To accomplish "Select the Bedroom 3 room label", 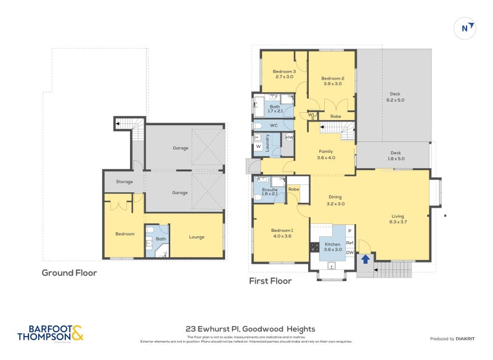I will (284, 72).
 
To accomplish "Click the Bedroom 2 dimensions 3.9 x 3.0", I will (332, 84).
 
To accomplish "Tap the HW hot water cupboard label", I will (289, 137).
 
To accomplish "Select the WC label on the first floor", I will (274, 126).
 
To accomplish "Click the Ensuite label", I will (269, 189).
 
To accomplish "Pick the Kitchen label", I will (332, 244).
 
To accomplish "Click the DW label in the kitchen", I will (349, 253).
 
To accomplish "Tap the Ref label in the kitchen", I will (349, 243).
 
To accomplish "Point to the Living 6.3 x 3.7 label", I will (397, 219).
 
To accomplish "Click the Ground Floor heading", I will (69, 272).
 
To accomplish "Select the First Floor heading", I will (270, 281).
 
